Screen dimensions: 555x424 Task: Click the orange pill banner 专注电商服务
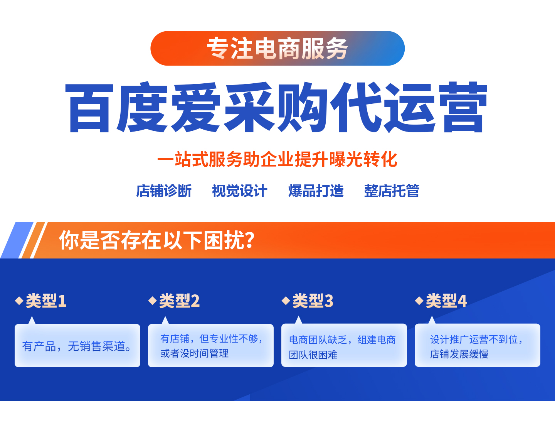point(277,48)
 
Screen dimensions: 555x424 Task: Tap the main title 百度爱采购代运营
point(276,107)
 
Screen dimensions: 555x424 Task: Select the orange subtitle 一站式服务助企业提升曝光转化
point(277,159)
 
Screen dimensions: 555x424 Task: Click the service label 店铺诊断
point(163,191)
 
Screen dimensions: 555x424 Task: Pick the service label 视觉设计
point(239,191)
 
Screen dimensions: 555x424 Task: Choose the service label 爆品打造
point(316,191)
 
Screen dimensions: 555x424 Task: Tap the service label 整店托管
point(392,191)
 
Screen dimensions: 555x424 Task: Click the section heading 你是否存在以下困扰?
point(157,240)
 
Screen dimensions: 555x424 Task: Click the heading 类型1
point(46,301)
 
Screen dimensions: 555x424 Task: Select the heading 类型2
point(179,301)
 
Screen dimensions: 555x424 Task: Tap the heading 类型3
point(313,301)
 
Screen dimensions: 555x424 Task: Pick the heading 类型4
point(446,301)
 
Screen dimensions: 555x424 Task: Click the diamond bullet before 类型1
point(19,301)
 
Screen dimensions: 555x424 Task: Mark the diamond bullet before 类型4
point(419,301)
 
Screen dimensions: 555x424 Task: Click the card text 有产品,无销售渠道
point(77,346)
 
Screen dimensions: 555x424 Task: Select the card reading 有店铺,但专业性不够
point(210,346)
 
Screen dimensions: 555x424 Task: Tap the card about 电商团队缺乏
point(344,345)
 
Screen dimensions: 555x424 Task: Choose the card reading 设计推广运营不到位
point(478,345)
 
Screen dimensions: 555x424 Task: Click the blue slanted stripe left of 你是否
point(17,240)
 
